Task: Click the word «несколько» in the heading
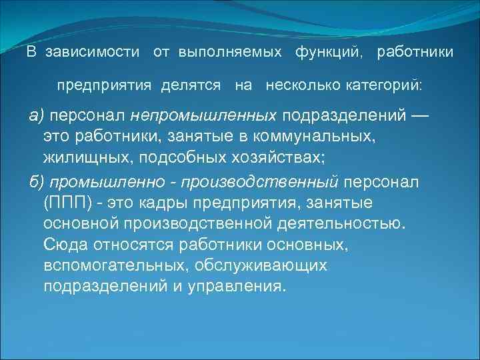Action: [x=303, y=86]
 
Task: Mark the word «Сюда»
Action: [x=65, y=245]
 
